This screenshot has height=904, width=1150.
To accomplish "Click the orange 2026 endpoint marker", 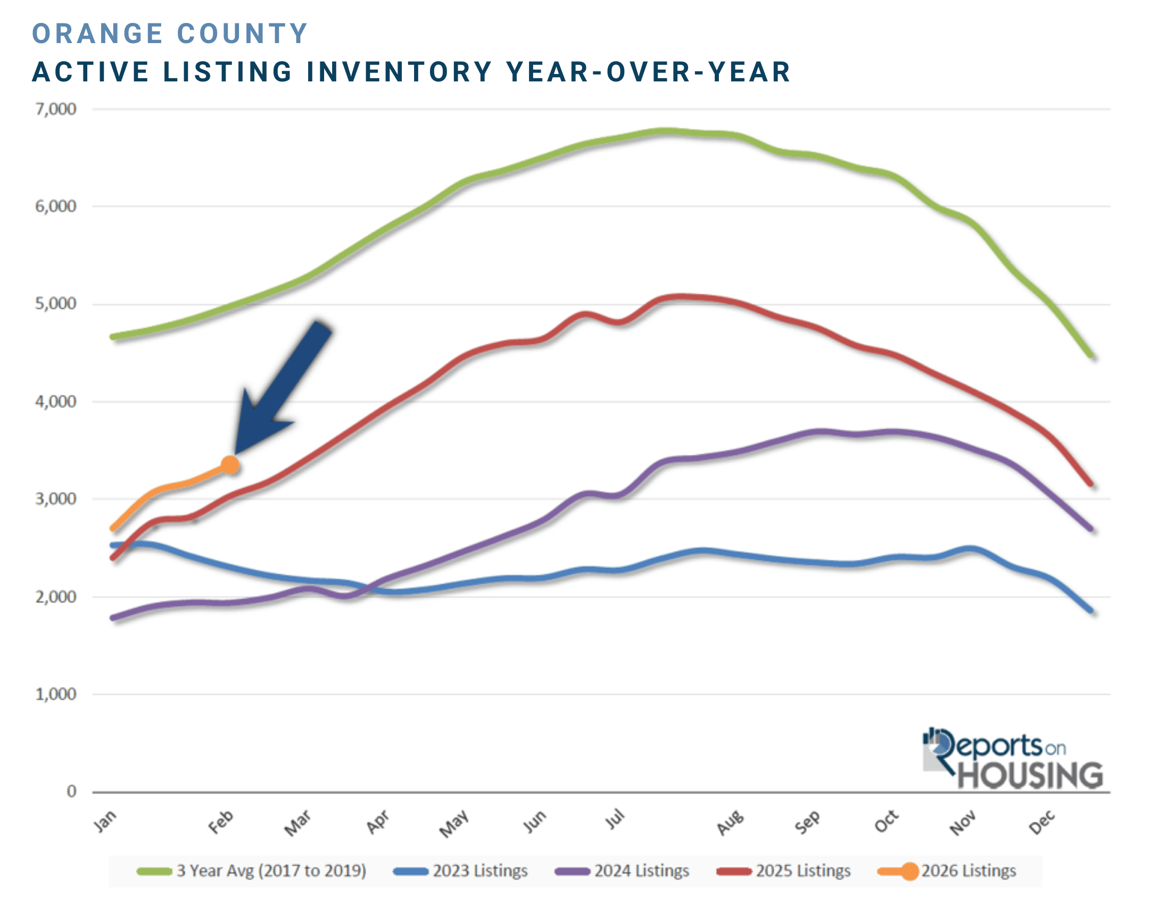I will (x=230, y=465).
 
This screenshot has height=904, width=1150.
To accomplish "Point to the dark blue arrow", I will (x=280, y=387).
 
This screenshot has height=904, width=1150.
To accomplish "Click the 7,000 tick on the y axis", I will (x=56, y=109).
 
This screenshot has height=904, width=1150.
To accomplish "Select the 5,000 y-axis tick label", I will (x=56, y=304).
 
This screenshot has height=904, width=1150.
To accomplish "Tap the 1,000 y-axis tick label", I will (x=56, y=694).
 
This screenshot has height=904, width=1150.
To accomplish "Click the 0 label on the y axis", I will (x=71, y=791).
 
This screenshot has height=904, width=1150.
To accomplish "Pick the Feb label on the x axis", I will (x=220, y=822).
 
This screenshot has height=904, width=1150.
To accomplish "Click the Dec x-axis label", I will (x=1041, y=822).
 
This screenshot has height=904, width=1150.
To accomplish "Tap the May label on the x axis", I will (x=453, y=823).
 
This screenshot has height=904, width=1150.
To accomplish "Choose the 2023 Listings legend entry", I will (x=461, y=871).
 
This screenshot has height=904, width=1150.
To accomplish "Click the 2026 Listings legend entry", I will (x=947, y=871).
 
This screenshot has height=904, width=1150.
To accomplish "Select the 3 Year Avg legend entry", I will (x=252, y=871).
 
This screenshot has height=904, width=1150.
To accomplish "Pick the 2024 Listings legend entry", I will (x=622, y=871).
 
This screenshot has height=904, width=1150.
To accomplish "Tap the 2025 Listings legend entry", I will (x=784, y=871).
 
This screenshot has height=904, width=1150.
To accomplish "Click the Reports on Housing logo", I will (x=1012, y=759).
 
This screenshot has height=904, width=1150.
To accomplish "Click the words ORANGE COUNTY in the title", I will (x=170, y=34).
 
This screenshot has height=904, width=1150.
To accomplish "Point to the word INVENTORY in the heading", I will (x=400, y=72).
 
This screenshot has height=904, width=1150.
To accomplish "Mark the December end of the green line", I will (x=1092, y=356).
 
